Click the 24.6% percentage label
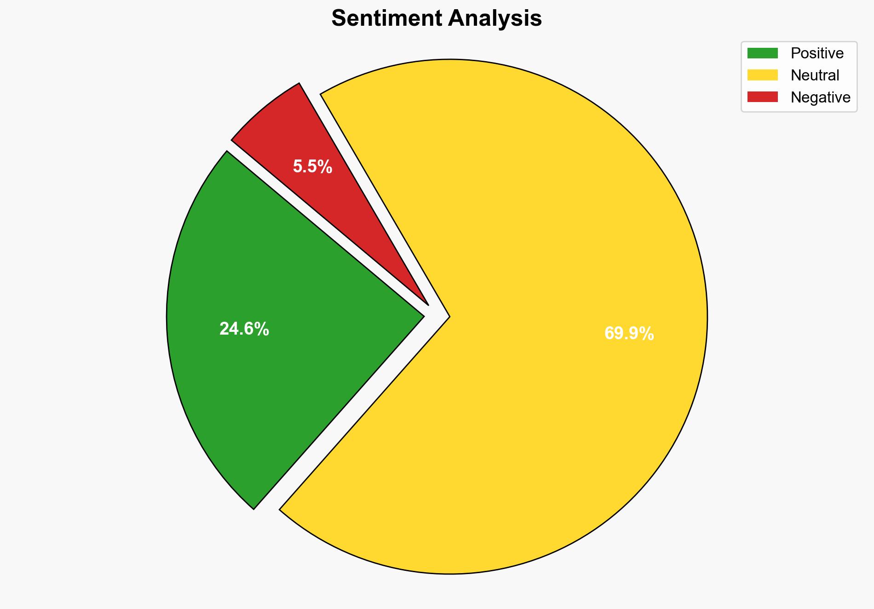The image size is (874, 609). pos(244,329)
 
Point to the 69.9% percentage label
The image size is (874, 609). pos(629,334)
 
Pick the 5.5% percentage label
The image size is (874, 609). pos(312,167)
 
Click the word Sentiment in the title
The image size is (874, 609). pos(386,19)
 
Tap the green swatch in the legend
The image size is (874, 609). pos(762,53)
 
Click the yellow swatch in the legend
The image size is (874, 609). pos(762,75)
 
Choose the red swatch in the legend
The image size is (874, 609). pos(762,97)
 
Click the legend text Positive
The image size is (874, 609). pos(817,53)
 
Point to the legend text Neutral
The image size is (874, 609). pos(815,75)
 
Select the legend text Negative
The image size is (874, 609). pos(820,97)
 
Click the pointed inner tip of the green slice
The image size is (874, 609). pos(423,316)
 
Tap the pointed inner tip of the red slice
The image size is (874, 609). pos(428,304)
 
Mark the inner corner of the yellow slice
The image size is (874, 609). pos(449,316)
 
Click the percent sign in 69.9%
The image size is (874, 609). pos(647,334)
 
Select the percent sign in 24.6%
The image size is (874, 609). pos(262,329)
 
